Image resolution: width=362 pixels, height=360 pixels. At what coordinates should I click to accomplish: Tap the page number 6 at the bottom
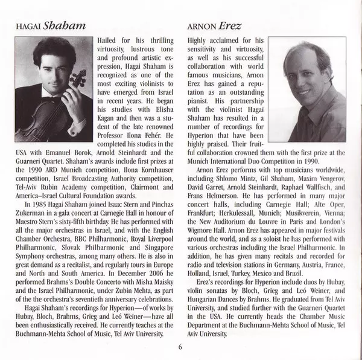click(180, 346)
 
